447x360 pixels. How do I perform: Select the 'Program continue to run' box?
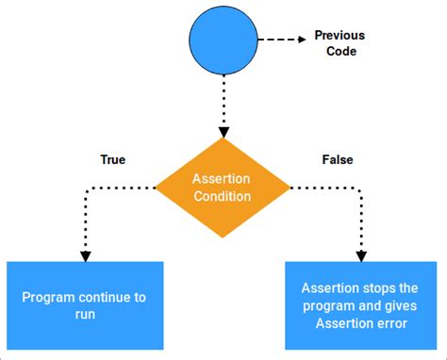[85, 306]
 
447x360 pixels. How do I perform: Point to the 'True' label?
[113, 160]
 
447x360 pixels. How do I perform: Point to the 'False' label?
[337, 160]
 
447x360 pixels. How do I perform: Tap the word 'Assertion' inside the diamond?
[222, 179]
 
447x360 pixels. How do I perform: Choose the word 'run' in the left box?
[85, 316]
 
